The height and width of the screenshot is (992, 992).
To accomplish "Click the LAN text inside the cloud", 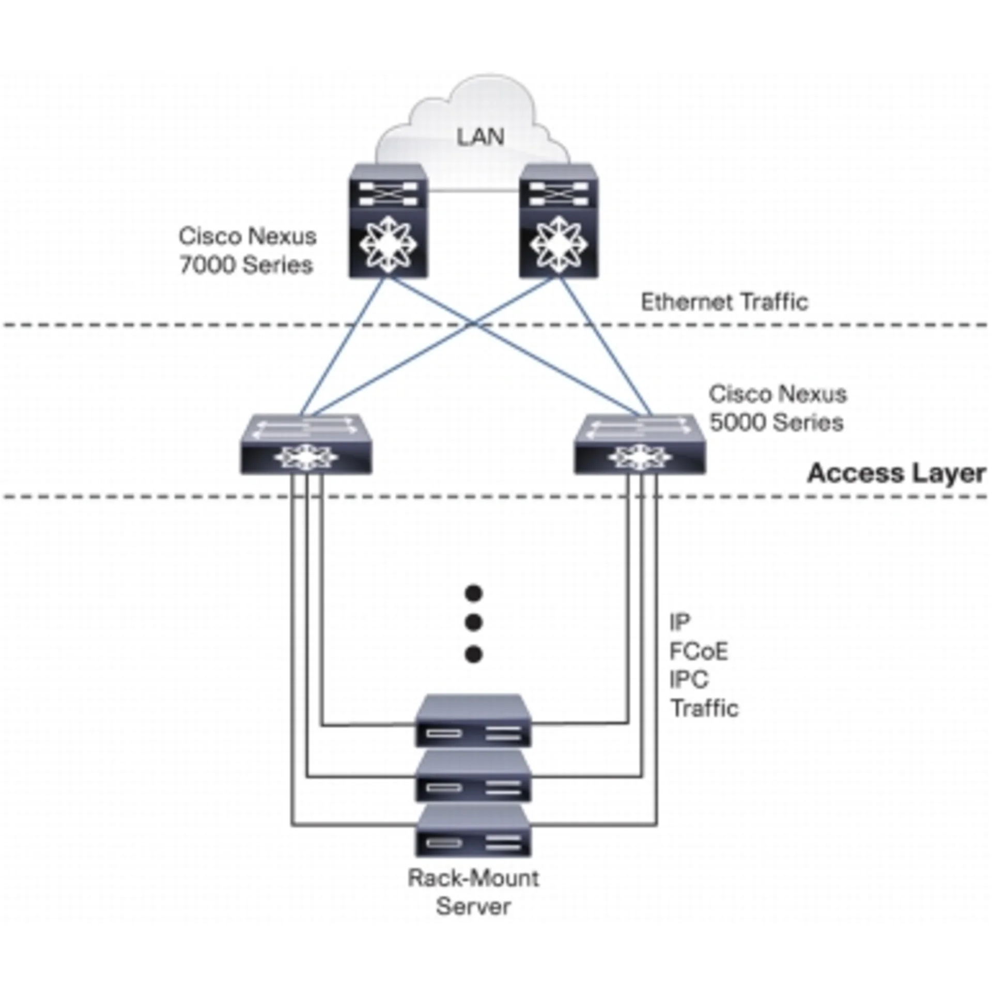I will pos(480,137).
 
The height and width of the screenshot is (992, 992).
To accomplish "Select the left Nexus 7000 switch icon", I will pos(388,221).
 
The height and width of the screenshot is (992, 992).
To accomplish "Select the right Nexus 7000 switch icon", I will pos(559,221).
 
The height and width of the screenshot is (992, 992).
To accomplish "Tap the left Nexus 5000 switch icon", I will pos(306,444).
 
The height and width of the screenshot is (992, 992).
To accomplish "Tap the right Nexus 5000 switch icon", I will pos(640,444).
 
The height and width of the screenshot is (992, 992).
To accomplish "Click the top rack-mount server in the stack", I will pos(473,721).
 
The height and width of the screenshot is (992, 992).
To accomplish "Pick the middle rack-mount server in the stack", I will pos(473,777).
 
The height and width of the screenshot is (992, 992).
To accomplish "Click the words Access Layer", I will pos(896,473).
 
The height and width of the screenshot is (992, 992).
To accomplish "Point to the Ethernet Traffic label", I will pos(724,302).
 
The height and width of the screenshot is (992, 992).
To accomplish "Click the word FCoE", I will pos(699,652).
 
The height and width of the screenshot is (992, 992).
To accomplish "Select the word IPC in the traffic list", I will pos(689,679).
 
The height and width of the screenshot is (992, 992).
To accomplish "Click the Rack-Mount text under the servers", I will pos(473,878).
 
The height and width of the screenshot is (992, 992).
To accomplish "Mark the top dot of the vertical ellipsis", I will pos(473,593).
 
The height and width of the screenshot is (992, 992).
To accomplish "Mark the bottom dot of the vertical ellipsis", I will pos(473,655).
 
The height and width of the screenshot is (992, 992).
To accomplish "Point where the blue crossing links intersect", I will pos(473,324).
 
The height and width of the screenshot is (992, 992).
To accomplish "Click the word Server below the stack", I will pos(473,907).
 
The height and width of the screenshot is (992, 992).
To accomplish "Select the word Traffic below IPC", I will pos(705,708).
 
